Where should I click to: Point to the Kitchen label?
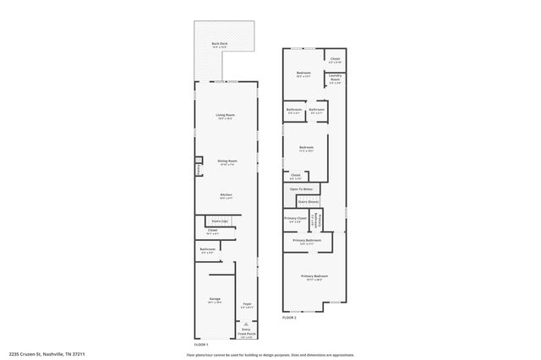(226, 195)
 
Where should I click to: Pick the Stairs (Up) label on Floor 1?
(219, 221)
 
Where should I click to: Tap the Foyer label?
(247, 304)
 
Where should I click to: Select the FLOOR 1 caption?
(201, 345)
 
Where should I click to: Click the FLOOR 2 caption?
(289, 318)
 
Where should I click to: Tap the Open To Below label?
(302, 188)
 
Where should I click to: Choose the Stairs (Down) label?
(308, 202)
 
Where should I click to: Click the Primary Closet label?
(295, 218)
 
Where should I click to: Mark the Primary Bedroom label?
(314, 276)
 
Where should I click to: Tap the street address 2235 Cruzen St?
(47, 353)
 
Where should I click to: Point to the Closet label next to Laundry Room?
(335, 59)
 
